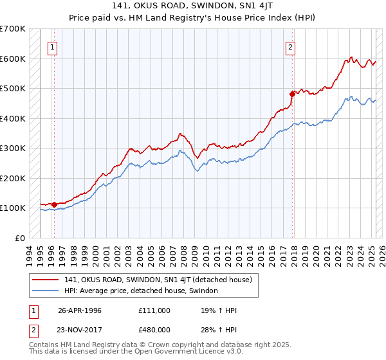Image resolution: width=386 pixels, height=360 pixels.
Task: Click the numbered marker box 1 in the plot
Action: [51, 46]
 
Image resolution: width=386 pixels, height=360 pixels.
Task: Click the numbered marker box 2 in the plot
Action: [291, 46]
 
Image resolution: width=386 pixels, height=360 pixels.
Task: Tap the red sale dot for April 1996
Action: [54, 205]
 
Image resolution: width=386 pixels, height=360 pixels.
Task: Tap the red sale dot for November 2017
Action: [293, 94]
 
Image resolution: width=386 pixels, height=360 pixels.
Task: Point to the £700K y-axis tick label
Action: [12, 29]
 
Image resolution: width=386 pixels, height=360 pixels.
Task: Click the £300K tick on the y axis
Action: [12, 148]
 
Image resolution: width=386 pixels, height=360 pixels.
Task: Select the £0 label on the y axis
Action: [20, 238]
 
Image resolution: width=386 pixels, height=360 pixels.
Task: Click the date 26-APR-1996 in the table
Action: [80, 310]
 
